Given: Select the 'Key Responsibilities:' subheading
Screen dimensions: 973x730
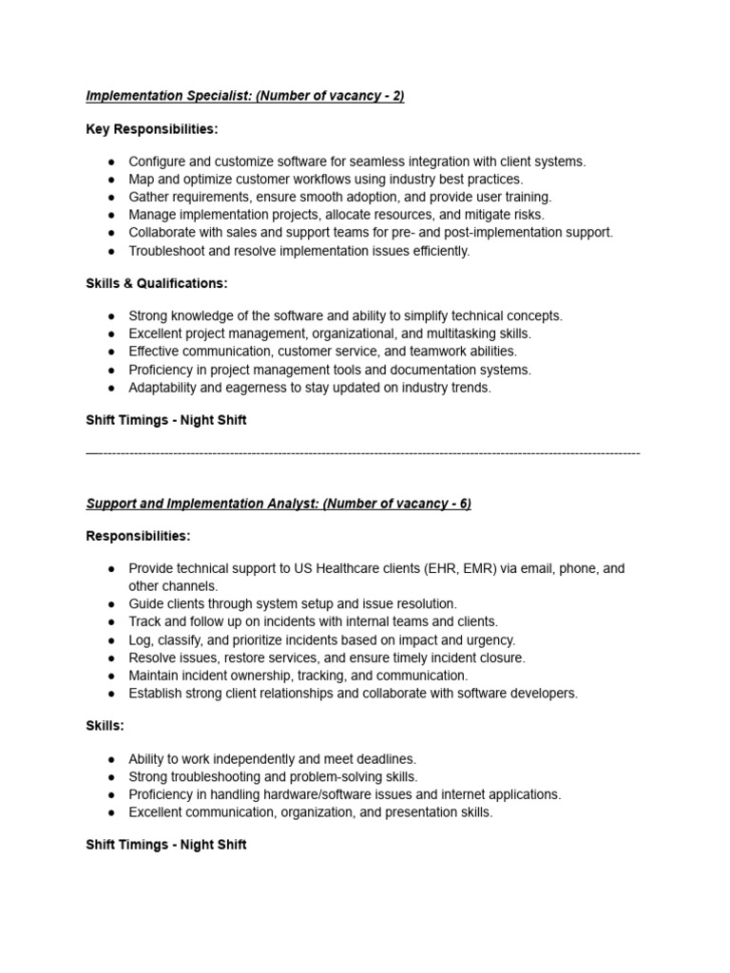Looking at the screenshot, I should [x=152, y=129].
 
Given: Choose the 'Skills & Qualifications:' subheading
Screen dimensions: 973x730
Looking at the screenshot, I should [x=157, y=283].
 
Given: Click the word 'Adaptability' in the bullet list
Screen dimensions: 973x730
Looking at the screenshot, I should [x=165, y=388].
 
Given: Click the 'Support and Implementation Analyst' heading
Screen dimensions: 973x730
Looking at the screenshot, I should [x=202, y=504].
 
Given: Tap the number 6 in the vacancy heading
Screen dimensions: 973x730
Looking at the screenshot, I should [x=464, y=504].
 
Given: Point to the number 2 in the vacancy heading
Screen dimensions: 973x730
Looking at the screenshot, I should [x=396, y=97].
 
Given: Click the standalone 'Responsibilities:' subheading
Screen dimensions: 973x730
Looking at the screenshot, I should [x=138, y=536].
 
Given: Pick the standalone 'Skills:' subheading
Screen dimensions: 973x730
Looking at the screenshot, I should [x=106, y=725].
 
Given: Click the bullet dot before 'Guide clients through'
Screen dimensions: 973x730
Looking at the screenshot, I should [x=111, y=604].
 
